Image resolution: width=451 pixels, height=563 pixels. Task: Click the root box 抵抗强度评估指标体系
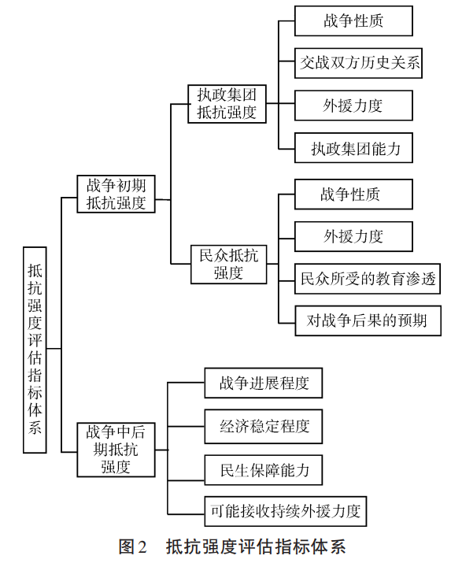coord(35,350)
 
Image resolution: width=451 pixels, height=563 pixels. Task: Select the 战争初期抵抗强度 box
coord(116,194)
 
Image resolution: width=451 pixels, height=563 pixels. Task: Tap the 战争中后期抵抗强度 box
coord(116,450)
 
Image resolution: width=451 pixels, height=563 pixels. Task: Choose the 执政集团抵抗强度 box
coord(227,104)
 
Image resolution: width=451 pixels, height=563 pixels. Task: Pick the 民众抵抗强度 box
coord(228,265)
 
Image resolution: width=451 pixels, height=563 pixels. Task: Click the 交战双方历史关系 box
coord(358,63)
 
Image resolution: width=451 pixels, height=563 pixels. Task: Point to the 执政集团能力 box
coord(353,148)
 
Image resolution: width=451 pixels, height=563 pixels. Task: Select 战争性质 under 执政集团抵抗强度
coord(353,20)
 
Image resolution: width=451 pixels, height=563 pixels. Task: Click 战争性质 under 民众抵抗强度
coord(353,194)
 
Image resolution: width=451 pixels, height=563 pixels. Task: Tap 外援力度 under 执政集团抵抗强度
coord(353,106)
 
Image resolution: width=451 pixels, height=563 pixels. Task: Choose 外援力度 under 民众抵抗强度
coord(353,237)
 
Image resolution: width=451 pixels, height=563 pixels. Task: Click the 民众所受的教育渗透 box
coord(368,279)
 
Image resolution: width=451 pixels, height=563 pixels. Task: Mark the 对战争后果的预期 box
coord(368,320)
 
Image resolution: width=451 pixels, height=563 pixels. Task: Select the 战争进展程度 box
coord(264,383)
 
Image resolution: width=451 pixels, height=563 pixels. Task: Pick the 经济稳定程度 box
coord(264,427)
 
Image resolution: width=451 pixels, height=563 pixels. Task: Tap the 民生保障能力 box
coord(264,470)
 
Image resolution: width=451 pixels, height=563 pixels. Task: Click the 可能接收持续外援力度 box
coord(286,511)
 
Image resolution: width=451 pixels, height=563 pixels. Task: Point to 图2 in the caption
coord(133,546)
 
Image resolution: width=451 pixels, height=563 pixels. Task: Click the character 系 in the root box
coord(35,427)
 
